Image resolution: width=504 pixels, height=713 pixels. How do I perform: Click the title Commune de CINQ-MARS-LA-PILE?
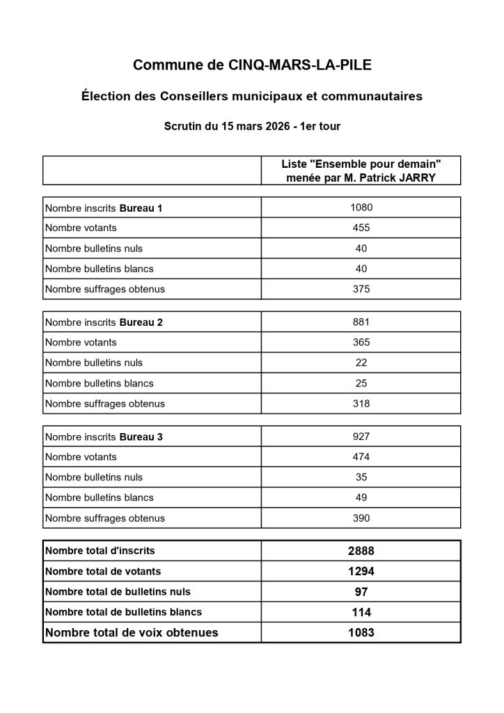(252, 66)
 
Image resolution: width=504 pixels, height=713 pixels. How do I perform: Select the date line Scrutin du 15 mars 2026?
(252, 127)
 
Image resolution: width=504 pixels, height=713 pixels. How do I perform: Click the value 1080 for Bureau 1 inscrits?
(361, 207)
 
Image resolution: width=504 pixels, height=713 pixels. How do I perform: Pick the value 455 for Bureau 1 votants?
(361, 228)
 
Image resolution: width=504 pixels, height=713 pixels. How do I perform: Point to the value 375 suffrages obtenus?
(361, 289)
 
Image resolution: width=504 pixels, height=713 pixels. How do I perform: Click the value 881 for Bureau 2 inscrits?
(361, 322)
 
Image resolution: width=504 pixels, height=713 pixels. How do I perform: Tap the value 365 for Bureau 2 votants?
(361, 342)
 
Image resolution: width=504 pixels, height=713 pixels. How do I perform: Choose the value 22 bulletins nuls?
(361, 363)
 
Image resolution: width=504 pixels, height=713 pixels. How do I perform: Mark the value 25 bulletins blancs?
(361, 383)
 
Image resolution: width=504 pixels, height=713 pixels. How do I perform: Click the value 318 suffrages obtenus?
(361, 403)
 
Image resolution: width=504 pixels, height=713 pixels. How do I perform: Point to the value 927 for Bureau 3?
(361, 437)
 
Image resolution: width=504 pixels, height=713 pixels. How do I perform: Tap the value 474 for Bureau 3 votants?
(361, 457)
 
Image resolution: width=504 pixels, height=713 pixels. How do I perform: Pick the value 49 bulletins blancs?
(361, 498)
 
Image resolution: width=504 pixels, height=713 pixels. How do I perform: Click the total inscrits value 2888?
(361, 551)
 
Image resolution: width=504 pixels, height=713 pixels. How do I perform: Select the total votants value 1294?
(361, 571)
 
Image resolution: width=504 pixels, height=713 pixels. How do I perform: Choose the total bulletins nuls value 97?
(361, 592)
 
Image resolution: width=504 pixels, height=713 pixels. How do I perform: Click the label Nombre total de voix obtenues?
(132, 633)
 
